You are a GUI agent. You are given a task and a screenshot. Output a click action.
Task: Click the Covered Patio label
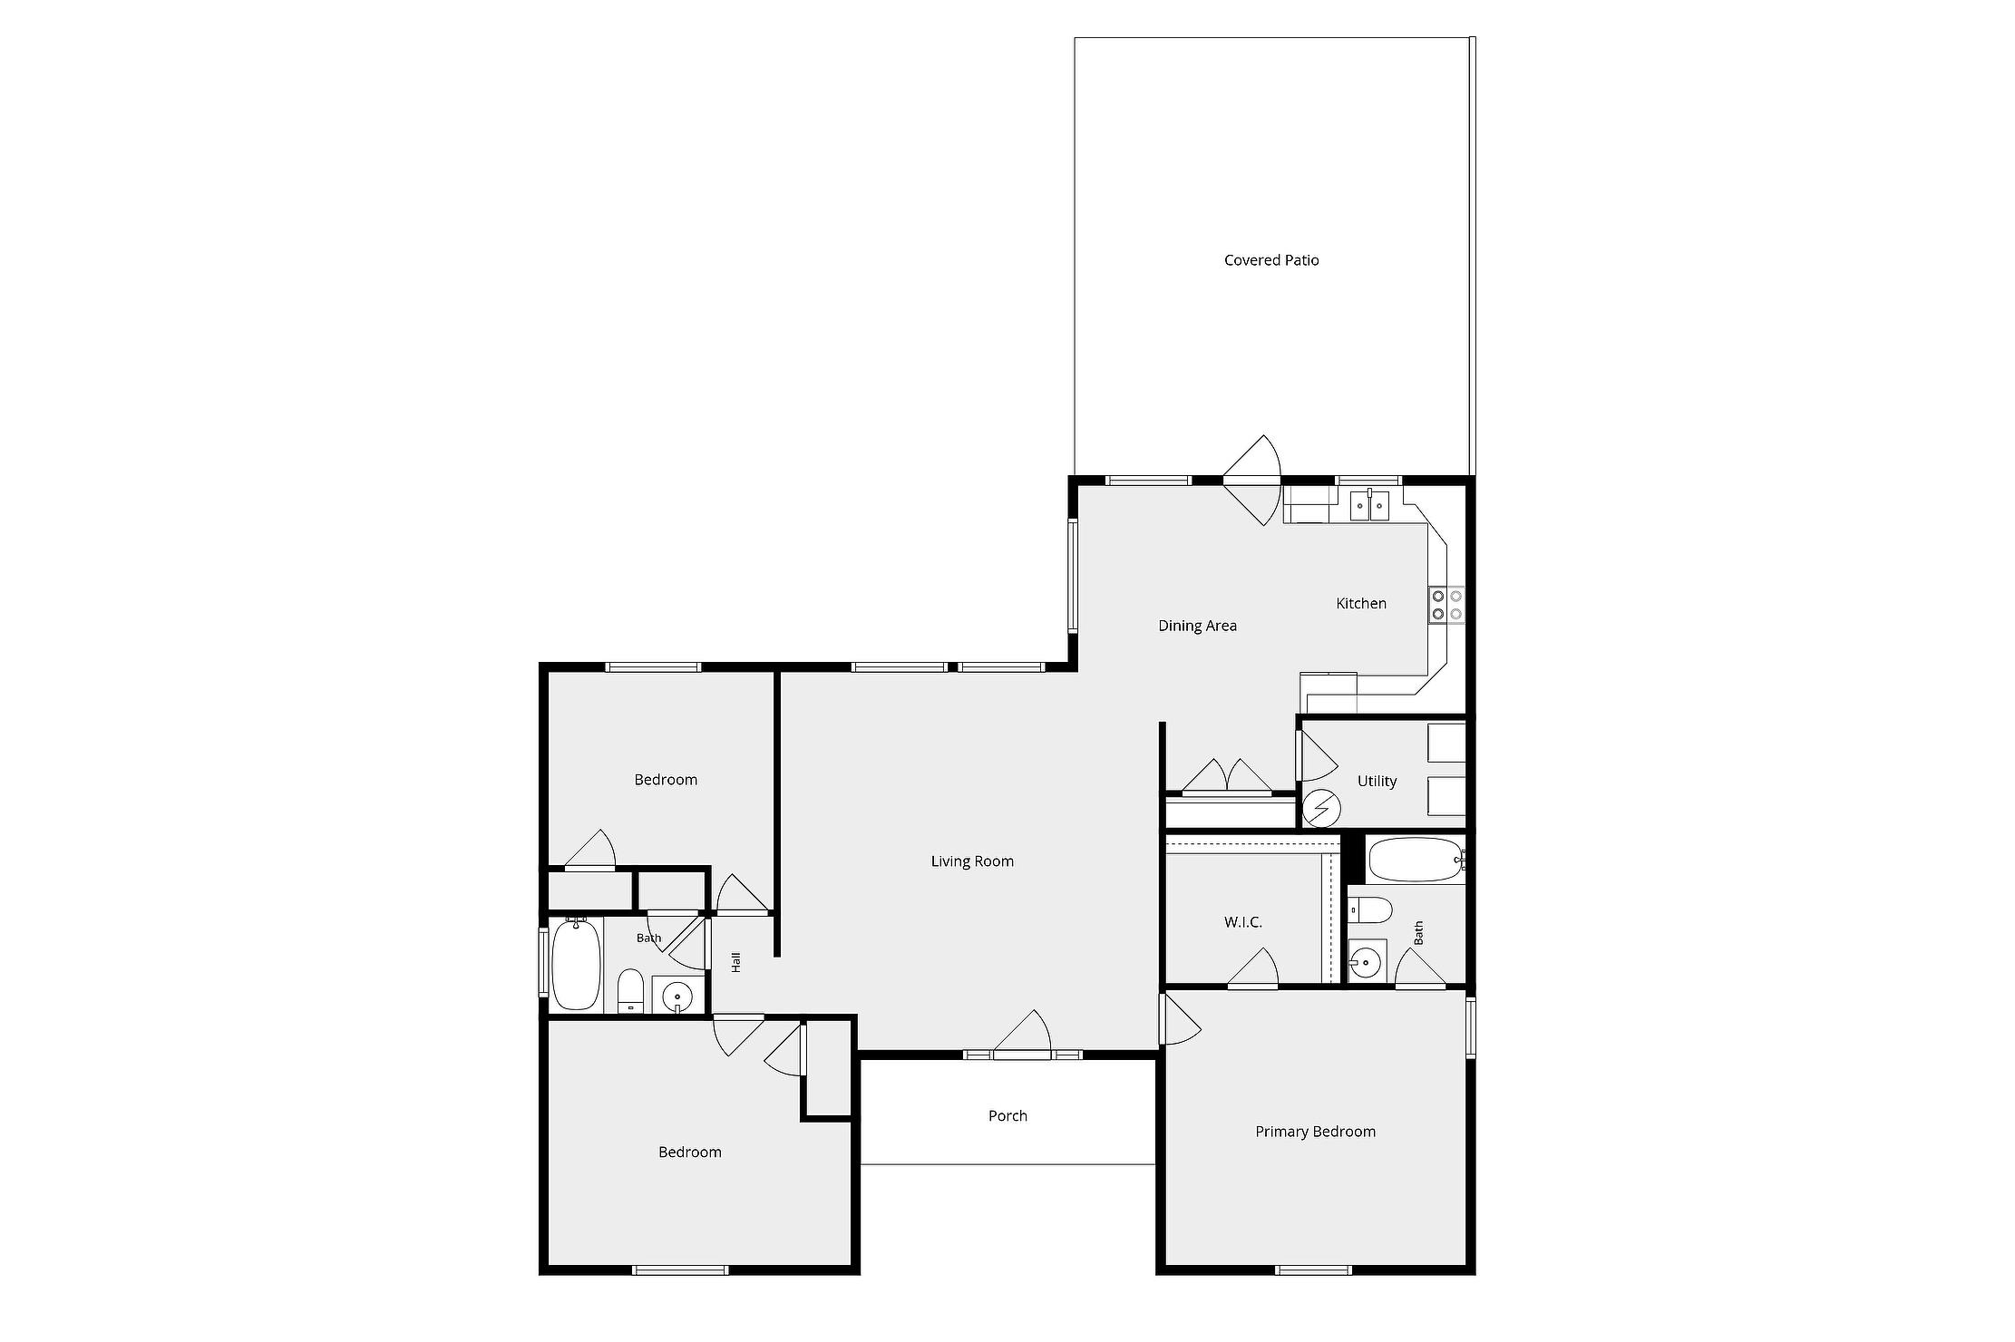pos(1271,260)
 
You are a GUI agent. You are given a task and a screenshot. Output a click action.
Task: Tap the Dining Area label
pos(1197,626)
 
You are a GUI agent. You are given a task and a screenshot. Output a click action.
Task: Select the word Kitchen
pos(1361,603)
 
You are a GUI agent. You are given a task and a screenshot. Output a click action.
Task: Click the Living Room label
pos(972,861)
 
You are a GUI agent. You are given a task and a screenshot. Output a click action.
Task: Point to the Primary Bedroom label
pos(1315,1132)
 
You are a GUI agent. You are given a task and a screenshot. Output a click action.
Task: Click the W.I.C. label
pos(1243,922)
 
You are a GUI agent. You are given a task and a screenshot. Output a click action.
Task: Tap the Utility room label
pos(1377,781)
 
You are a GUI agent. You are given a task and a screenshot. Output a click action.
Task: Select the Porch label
pos(1007,1116)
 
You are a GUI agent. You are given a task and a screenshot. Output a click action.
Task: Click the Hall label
pos(736,962)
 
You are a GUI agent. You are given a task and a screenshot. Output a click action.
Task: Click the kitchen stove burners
pos(1446,605)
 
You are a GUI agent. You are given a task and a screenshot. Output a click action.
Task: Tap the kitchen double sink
pos(1369,505)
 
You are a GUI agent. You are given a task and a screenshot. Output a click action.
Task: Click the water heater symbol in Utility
pos(1321,808)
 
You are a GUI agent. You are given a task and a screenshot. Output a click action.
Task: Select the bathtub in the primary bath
pos(1416,860)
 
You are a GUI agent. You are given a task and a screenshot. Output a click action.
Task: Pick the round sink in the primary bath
pos(1365,961)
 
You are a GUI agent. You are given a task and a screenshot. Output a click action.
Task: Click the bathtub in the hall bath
pos(576,963)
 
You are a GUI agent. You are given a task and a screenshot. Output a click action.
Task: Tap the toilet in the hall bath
pos(630,991)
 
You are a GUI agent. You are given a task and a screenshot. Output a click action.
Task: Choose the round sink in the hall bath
pos(677,997)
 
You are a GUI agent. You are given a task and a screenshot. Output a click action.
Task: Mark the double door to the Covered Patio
pos(1251,481)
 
